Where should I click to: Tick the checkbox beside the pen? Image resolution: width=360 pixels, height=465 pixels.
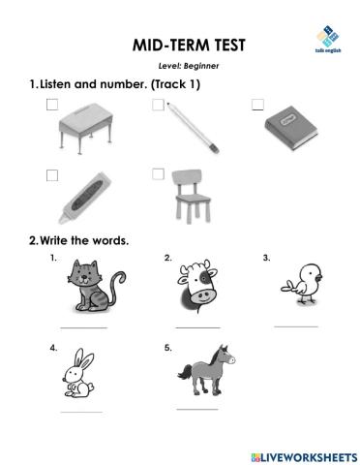[158, 105]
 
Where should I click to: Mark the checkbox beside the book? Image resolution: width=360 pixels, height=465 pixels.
[257, 105]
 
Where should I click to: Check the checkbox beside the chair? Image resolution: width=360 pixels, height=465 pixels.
[158, 174]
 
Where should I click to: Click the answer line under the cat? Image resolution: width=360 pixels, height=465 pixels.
[84, 327]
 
